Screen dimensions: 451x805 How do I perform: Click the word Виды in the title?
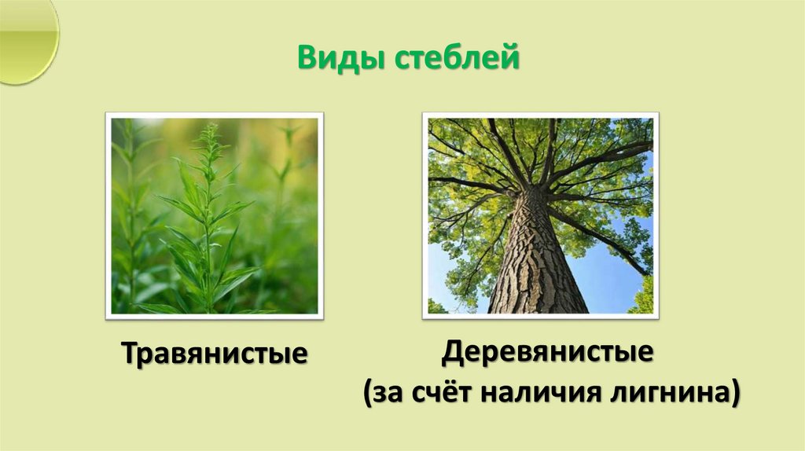[x=330, y=59]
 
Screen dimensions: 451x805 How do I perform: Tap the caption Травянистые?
[x=213, y=353]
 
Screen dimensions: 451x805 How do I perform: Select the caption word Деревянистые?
[x=547, y=351]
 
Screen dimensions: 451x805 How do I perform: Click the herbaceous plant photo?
[x=214, y=215]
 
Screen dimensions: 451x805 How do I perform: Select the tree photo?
[x=540, y=215]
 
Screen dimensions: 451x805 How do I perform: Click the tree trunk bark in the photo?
[x=535, y=259]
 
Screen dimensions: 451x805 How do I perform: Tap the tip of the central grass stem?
[x=209, y=126]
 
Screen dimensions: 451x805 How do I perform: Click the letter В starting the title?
[x=306, y=59]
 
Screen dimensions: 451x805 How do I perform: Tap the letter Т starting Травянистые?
[x=128, y=353]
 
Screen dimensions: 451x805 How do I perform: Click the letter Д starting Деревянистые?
[x=450, y=351]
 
